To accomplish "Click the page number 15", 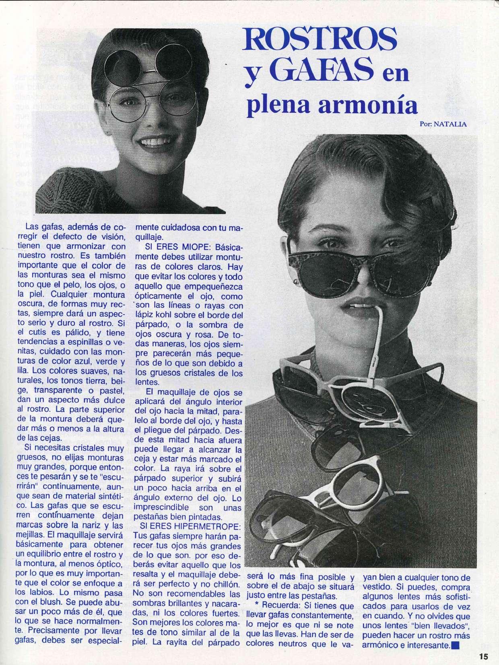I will click(483, 657).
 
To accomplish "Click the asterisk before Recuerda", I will click(257, 605).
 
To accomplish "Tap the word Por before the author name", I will click(425, 124).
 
